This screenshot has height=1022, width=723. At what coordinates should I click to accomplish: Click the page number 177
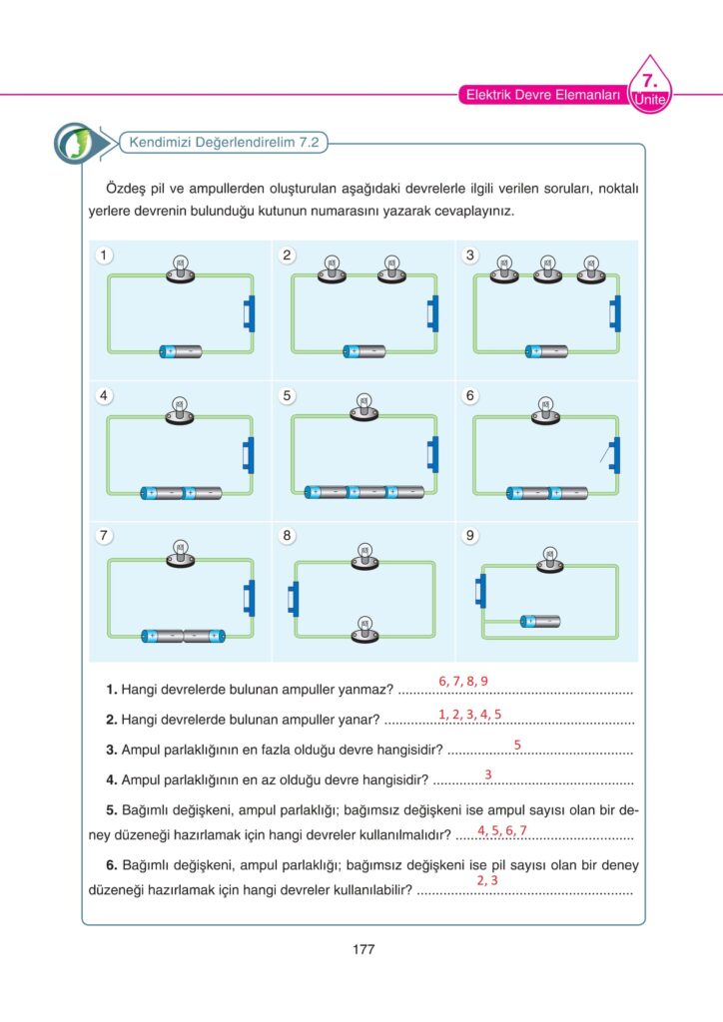362,949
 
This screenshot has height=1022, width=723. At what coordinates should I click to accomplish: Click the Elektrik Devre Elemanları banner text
543,96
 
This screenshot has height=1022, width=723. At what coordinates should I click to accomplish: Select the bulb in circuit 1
181,270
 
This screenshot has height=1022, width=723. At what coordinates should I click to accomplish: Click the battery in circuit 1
181,351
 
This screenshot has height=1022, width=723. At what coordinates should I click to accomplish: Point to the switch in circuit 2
430,312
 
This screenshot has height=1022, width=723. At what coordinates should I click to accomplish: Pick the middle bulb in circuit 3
546,270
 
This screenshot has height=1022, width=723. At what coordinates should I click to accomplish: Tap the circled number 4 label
104,395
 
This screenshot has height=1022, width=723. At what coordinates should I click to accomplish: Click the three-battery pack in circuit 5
364,492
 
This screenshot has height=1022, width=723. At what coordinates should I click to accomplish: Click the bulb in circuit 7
181,553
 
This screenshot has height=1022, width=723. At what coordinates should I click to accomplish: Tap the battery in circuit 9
540,622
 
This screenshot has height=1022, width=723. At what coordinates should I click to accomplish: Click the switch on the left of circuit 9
481,590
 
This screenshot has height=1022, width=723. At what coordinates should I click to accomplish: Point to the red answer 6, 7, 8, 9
462,681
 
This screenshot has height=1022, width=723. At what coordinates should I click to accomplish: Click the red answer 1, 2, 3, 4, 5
469,714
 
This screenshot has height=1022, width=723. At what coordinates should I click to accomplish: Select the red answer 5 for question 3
517,745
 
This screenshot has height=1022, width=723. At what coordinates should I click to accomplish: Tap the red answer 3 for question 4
487,774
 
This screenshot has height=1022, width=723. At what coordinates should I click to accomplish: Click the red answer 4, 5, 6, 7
502,830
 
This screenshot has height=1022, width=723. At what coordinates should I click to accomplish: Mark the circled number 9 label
470,536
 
